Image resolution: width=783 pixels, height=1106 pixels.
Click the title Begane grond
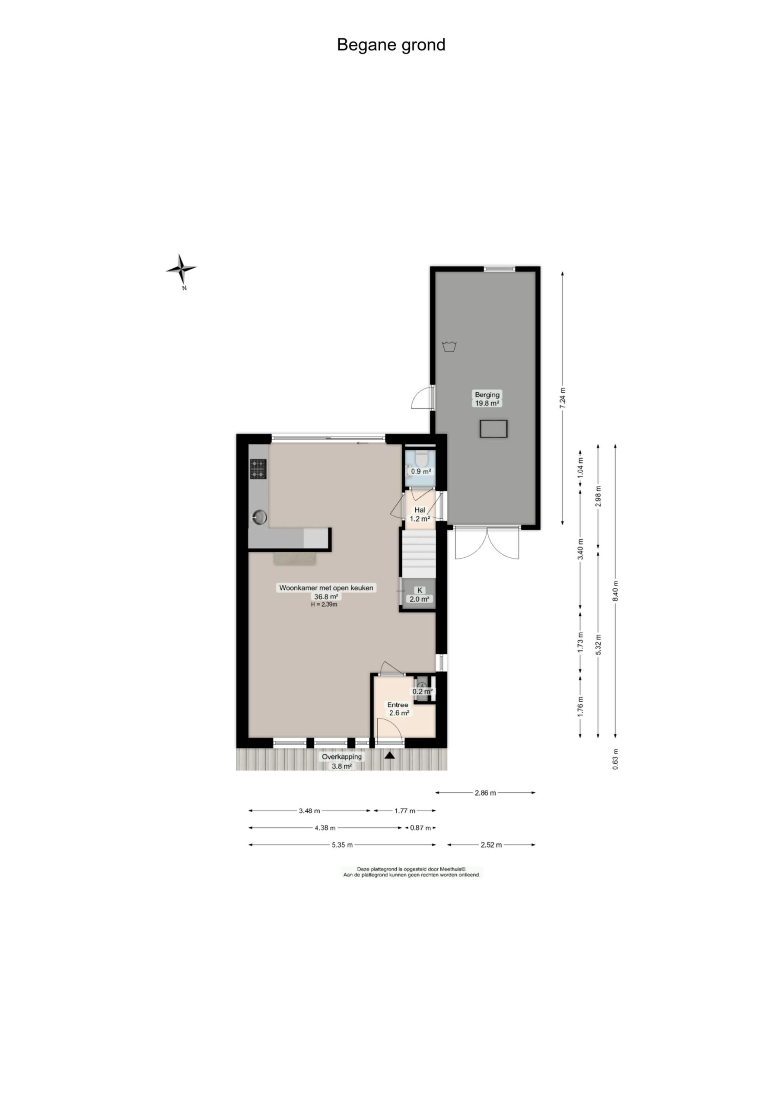391,45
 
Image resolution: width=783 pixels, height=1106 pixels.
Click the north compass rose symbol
181,268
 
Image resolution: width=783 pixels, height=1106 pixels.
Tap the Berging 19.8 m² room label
487,398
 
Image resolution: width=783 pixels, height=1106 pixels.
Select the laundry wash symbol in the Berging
449,346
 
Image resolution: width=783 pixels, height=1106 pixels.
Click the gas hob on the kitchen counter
258,469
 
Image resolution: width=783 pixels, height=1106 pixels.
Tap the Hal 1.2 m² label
420,514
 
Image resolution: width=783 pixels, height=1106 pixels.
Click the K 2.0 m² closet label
420,594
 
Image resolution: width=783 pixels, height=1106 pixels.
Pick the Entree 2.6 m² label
399,709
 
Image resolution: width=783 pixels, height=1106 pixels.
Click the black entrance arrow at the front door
390,756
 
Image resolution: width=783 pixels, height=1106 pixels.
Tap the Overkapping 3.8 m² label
341,761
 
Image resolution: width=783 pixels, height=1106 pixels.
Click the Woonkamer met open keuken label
326,588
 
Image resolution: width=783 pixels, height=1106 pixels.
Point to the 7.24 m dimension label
562,398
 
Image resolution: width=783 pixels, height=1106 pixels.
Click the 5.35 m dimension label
342,845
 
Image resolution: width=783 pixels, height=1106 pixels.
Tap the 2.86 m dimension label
485,793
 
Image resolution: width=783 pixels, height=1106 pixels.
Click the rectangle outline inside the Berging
493,429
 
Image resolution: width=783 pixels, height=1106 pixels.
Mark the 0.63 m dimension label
615,759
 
